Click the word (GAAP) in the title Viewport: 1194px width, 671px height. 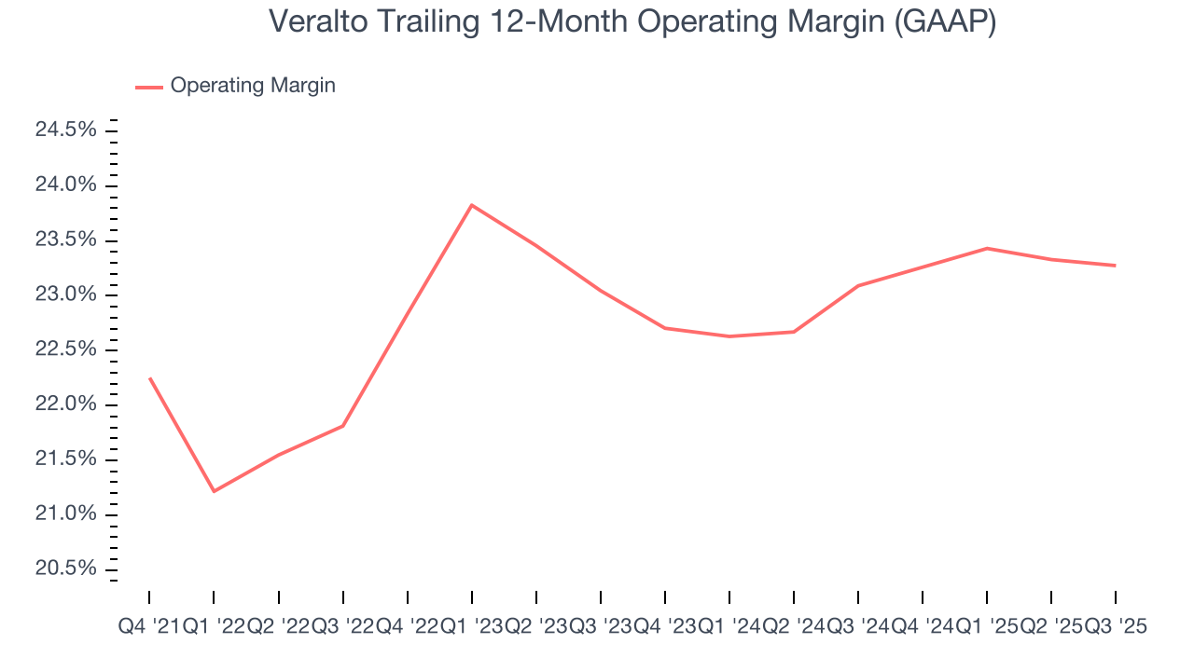tap(944, 22)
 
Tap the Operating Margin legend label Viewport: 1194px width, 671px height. tap(253, 86)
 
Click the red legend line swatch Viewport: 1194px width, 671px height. tap(149, 87)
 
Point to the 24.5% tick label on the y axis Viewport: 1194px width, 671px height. tap(66, 130)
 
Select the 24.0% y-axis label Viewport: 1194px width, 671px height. tap(66, 185)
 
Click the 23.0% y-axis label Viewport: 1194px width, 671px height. tap(66, 295)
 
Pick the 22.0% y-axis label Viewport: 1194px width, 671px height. tap(66, 404)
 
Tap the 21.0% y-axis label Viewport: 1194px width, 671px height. tap(66, 514)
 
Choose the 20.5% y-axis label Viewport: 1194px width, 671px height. tap(66, 569)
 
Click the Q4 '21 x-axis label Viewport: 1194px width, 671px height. tap(149, 628)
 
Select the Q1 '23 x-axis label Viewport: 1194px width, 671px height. tap(471, 628)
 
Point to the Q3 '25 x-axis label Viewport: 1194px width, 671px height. tap(1115, 628)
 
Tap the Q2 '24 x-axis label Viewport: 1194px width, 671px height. tap(793, 628)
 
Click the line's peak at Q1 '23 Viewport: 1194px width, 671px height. tap(471, 205)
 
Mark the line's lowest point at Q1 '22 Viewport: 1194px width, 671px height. tap(214, 491)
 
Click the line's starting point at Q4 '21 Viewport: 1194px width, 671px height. tap(149, 378)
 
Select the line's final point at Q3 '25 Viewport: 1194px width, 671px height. tap(1115, 266)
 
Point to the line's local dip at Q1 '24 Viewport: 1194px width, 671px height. tap(729, 336)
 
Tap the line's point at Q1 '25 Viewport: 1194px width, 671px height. tap(986, 248)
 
